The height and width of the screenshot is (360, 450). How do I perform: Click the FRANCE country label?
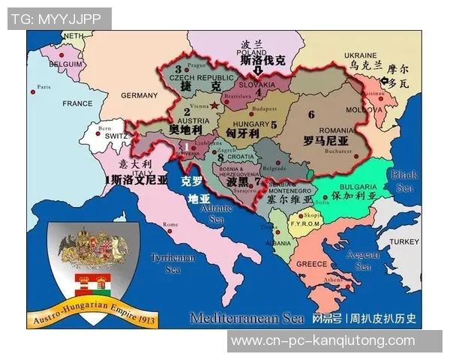(77, 103)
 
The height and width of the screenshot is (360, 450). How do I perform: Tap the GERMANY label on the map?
(139, 95)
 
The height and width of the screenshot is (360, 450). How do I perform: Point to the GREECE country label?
(311, 264)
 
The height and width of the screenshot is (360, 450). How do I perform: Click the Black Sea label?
(403, 181)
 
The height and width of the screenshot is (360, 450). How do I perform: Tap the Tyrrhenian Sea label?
(172, 262)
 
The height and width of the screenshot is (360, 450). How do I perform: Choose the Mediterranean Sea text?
(247, 317)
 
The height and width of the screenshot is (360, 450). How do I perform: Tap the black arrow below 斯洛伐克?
(258, 72)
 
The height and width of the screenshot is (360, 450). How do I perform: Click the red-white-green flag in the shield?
(93, 283)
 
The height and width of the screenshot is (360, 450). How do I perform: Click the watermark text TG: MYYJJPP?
(58, 19)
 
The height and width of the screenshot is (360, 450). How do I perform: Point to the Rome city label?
(171, 224)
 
